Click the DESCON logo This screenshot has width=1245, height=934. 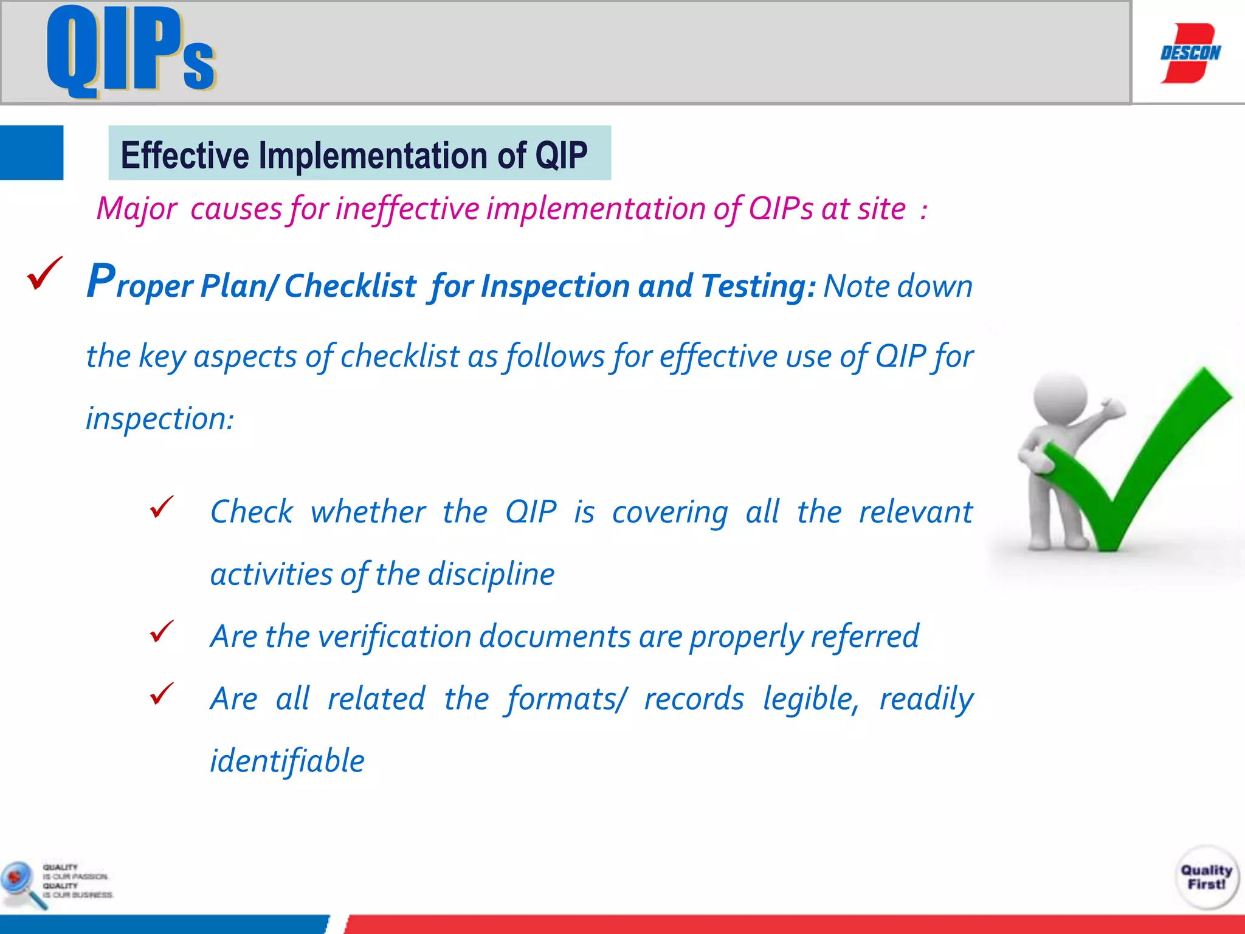click(x=1190, y=53)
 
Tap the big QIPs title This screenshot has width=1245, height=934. click(x=131, y=52)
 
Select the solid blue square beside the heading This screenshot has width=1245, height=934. click(x=32, y=153)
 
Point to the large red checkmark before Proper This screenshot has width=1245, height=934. click(x=44, y=273)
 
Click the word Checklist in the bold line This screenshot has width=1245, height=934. click(x=350, y=286)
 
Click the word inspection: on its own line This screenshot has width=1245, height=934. click(x=160, y=418)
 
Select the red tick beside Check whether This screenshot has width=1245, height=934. click(x=162, y=507)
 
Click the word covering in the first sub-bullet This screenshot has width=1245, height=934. click(x=669, y=512)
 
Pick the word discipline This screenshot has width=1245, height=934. click(x=491, y=574)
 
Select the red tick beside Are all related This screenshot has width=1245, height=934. click(x=162, y=693)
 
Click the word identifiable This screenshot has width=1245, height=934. click(x=287, y=761)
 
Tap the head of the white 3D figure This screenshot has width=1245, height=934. click(x=1060, y=398)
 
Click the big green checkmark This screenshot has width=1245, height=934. click(x=1143, y=462)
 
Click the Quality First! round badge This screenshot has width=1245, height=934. click(x=1206, y=877)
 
